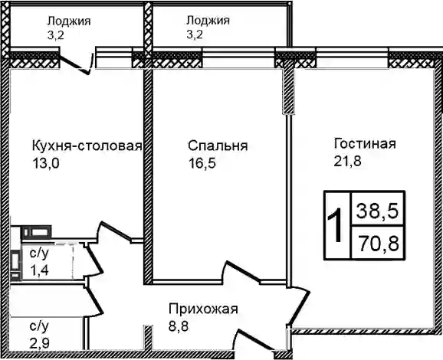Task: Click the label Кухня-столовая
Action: point(87,146)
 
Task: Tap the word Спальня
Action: point(218,146)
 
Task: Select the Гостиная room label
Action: point(365,143)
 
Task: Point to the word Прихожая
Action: point(203,309)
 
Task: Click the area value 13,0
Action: point(46,163)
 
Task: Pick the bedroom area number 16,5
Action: point(202,163)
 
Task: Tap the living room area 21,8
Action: point(348,161)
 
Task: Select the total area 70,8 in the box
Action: point(379,243)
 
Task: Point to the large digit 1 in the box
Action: point(336,225)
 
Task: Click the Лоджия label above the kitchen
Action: point(69,21)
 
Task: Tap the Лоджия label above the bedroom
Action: point(208,21)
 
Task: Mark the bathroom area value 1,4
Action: point(40,270)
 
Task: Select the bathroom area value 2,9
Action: point(40,343)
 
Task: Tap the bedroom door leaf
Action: point(242,271)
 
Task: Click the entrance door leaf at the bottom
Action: point(256,339)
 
